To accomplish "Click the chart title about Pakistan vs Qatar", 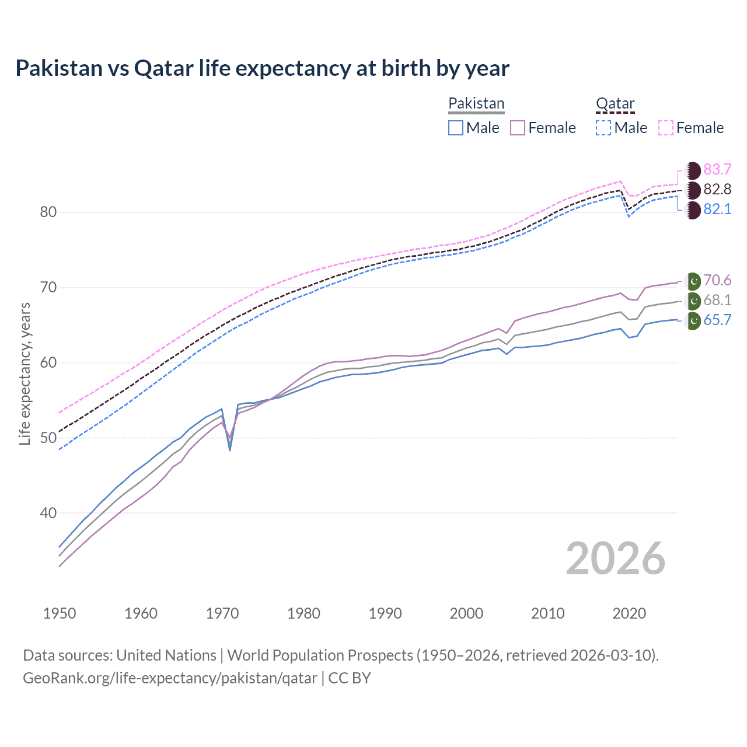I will [262, 68].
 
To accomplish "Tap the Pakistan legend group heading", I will [476, 103].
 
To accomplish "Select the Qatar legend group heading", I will [615, 103].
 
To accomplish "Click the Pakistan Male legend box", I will [456, 128].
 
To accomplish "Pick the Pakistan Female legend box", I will [518, 128].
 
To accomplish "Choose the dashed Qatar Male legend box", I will [603, 128].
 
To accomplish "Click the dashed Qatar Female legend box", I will [666, 128].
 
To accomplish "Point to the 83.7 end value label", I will [717, 169].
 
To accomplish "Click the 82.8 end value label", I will [717, 189].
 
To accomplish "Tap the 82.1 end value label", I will [717, 209].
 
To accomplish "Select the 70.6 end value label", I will [717, 280].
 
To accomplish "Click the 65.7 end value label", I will [717, 320].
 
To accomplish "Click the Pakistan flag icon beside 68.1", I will [693, 301].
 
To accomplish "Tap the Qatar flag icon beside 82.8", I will [693, 190].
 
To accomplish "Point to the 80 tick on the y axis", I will [48, 212].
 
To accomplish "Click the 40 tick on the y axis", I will [48, 513].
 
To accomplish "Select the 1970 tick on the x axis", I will [222, 613].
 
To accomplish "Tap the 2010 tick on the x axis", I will [547, 613].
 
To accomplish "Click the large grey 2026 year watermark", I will [615, 558].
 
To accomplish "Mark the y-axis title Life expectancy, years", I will [25, 373].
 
